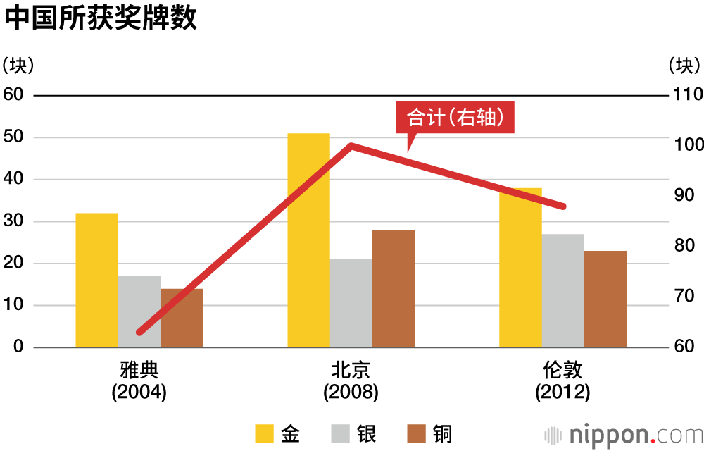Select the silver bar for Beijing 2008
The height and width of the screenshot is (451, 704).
(351, 303)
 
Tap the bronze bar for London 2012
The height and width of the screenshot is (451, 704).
(605, 299)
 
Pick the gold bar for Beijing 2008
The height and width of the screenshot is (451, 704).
(308, 240)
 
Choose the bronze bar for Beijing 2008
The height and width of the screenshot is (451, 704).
(393, 288)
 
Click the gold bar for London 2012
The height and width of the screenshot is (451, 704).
(520, 268)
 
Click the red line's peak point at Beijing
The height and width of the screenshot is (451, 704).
(351, 146)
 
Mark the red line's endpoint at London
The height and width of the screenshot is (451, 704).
(562, 206)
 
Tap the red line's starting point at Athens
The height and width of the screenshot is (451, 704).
(139, 332)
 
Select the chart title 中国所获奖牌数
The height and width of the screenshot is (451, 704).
(100, 18)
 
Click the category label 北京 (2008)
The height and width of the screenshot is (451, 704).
(351, 381)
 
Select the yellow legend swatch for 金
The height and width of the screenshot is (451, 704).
(264, 433)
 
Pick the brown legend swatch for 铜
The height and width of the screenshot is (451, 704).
(416, 433)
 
